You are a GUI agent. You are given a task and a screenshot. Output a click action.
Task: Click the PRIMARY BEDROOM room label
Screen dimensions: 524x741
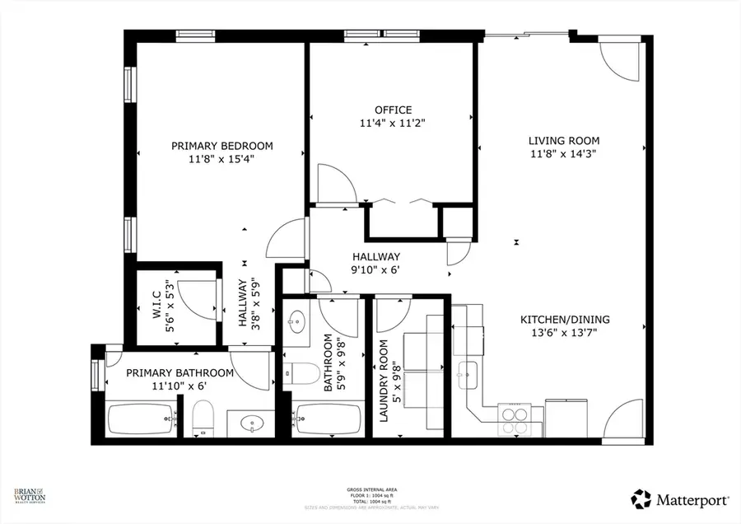[x=221, y=146]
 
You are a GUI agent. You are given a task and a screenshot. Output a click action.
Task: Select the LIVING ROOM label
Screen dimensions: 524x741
[x=563, y=140]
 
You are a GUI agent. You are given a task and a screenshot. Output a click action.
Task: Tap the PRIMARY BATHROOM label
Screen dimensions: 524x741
[x=179, y=372]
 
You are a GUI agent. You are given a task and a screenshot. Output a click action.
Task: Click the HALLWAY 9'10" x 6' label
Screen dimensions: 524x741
[x=375, y=256]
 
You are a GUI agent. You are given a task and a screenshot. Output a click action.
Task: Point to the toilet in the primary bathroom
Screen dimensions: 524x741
[x=203, y=418]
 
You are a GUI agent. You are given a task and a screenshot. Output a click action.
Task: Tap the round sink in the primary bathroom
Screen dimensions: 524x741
[x=251, y=424]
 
